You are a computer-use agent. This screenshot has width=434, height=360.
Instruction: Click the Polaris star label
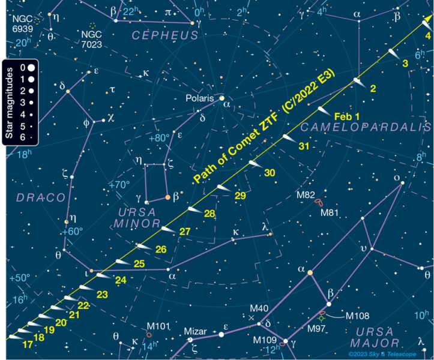tap(199, 97)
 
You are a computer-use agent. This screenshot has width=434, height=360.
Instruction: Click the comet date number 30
tap(270, 172)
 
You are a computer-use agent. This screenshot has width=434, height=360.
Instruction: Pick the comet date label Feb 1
tap(346, 116)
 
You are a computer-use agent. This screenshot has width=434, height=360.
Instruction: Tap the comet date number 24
tap(121, 280)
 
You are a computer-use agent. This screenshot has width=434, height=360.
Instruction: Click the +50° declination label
tap(20, 278)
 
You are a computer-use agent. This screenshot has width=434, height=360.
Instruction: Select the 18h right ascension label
tap(23, 154)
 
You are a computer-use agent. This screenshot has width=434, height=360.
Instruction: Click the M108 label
tap(357, 316)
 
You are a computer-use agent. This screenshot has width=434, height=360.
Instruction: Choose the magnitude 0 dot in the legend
tap(30, 67)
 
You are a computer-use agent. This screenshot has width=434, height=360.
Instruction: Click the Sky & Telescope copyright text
tap(386, 355)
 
